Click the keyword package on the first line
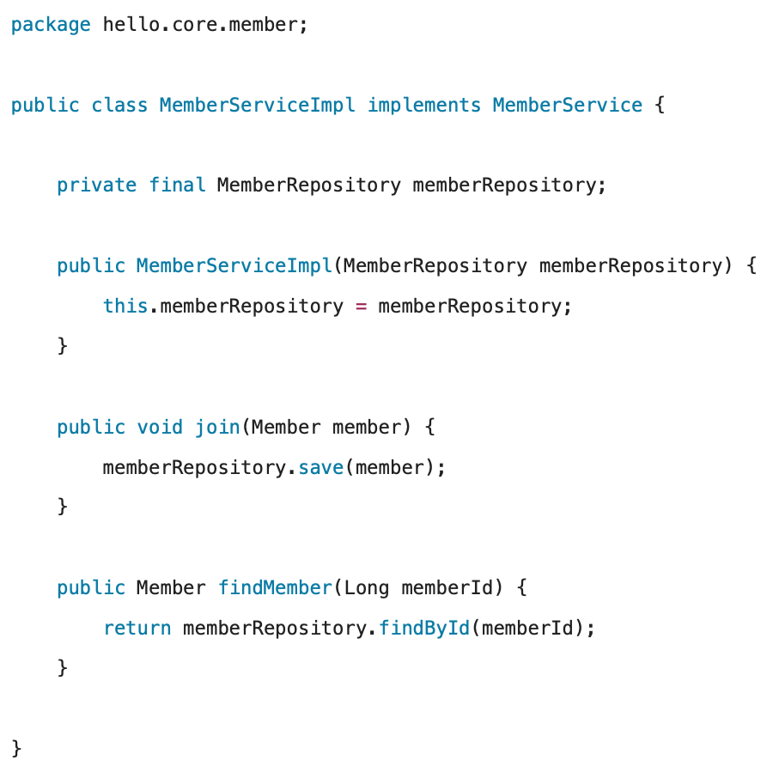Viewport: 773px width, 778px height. [51, 25]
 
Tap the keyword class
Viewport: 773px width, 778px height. [119, 106]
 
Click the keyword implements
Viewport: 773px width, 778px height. [424, 106]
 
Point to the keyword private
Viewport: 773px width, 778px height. [97, 185]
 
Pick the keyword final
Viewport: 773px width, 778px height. [177, 185]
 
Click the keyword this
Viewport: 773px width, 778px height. [125, 307]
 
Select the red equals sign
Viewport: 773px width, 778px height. [361, 307]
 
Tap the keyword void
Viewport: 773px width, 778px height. [160, 427]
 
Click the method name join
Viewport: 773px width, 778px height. [217, 427]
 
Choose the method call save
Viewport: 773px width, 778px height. [320, 468]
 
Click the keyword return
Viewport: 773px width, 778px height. [137, 629]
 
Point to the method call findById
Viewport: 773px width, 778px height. [424, 629]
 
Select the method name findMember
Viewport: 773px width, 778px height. [275, 588]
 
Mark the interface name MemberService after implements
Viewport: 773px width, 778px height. [568, 106]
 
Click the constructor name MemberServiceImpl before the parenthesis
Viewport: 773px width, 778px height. [234, 266]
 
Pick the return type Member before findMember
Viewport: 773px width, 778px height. [171, 588]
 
